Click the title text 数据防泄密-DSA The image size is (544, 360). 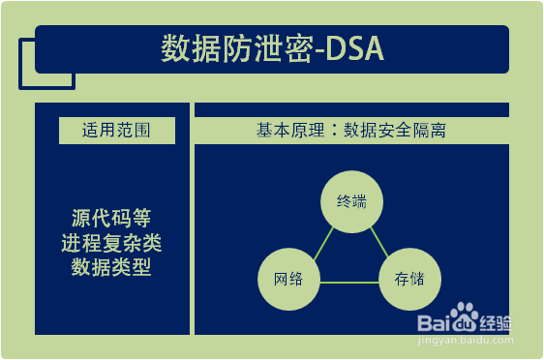pyautogui.click(x=272, y=50)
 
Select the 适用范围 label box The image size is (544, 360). pyautogui.click(x=116, y=130)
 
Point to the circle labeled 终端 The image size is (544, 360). pyautogui.click(x=350, y=201)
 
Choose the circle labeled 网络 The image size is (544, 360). pyautogui.click(x=288, y=281)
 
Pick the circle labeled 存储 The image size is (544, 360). pyautogui.click(x=409, y=281)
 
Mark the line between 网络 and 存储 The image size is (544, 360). pyautogui.click(x=348, y=282)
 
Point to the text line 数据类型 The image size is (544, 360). pyautogui.click(x=111, y=265)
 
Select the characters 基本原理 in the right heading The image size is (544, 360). pyautogui.click(x=287, y=130)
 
